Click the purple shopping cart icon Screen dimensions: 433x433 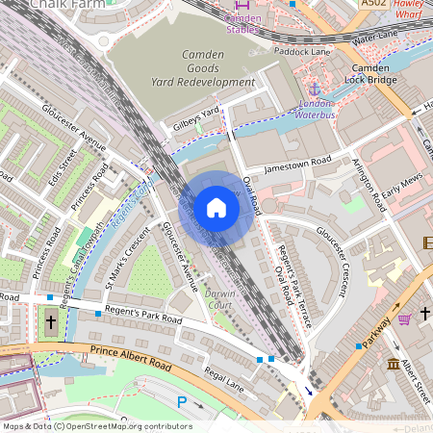coord(405,318)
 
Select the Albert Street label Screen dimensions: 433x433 coord(415,381)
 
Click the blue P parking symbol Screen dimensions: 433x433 coord(183,401)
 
